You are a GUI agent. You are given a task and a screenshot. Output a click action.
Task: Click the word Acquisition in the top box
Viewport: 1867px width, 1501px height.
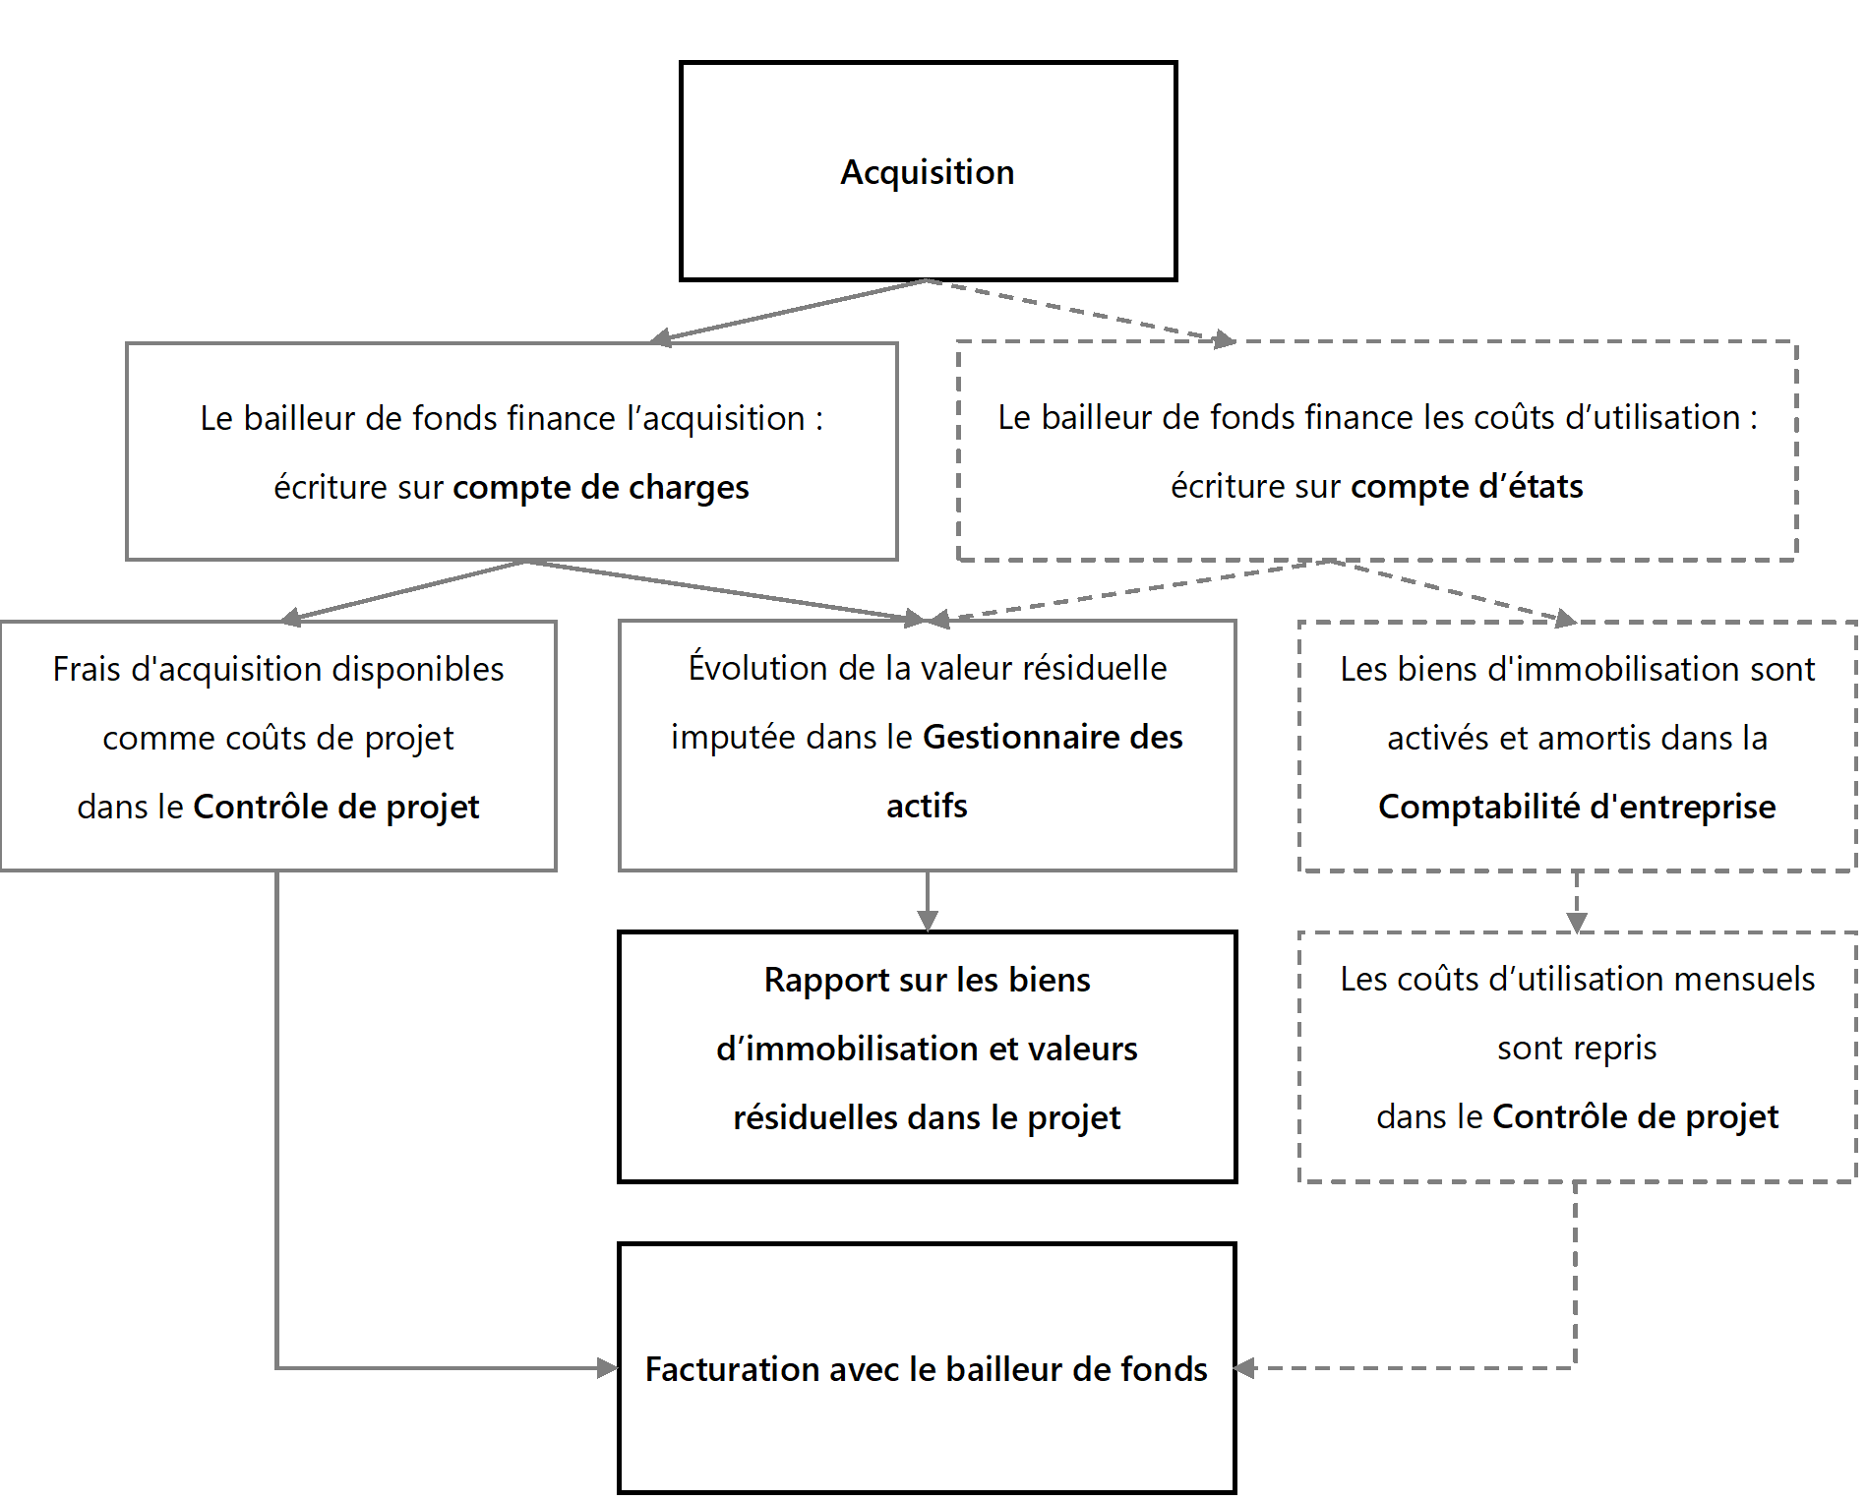coord(927,172)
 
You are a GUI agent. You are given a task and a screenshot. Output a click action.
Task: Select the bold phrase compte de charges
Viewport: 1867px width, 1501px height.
coord(600,487)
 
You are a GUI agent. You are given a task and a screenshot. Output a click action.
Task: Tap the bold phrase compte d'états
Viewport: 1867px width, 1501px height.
coord(1466,486)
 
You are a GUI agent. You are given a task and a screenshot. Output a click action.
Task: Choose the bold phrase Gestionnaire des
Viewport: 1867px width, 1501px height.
coord(1053,737)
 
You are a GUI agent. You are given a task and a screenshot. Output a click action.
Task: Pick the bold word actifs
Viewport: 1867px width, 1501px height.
coord(927,806)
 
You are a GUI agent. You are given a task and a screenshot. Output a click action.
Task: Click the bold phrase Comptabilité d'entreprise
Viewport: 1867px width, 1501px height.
coord(1577,807)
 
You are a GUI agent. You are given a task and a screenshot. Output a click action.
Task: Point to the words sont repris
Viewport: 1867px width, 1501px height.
coord(1577,1048)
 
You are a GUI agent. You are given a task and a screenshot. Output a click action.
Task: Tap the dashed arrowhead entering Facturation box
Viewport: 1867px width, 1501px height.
coord(1245,1368)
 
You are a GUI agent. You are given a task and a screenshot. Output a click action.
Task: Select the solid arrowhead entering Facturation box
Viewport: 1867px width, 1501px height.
coord(608,1368)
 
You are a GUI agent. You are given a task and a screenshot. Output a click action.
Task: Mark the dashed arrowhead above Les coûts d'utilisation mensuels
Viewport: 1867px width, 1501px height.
coord(1577,923)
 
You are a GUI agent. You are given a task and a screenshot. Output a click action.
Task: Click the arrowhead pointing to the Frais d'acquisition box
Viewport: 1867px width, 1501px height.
coord(290,618)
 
